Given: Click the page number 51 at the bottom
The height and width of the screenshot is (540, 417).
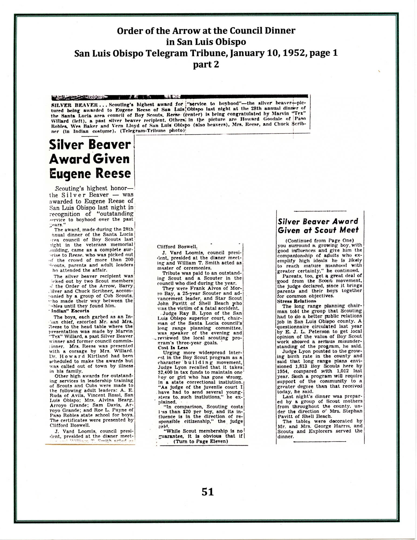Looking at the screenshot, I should tap(208, 492).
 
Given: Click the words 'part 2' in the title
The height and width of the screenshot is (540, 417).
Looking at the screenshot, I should tap(206, 65).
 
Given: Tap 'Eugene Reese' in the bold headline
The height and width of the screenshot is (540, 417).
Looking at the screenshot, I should tap(90, 173).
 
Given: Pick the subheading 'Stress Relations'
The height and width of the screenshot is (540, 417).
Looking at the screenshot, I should tap(293, 301).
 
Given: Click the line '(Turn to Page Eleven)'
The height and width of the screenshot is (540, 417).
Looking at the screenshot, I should tap(201, 441).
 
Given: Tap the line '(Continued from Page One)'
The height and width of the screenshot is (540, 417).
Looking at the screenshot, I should tap(319, 241).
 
